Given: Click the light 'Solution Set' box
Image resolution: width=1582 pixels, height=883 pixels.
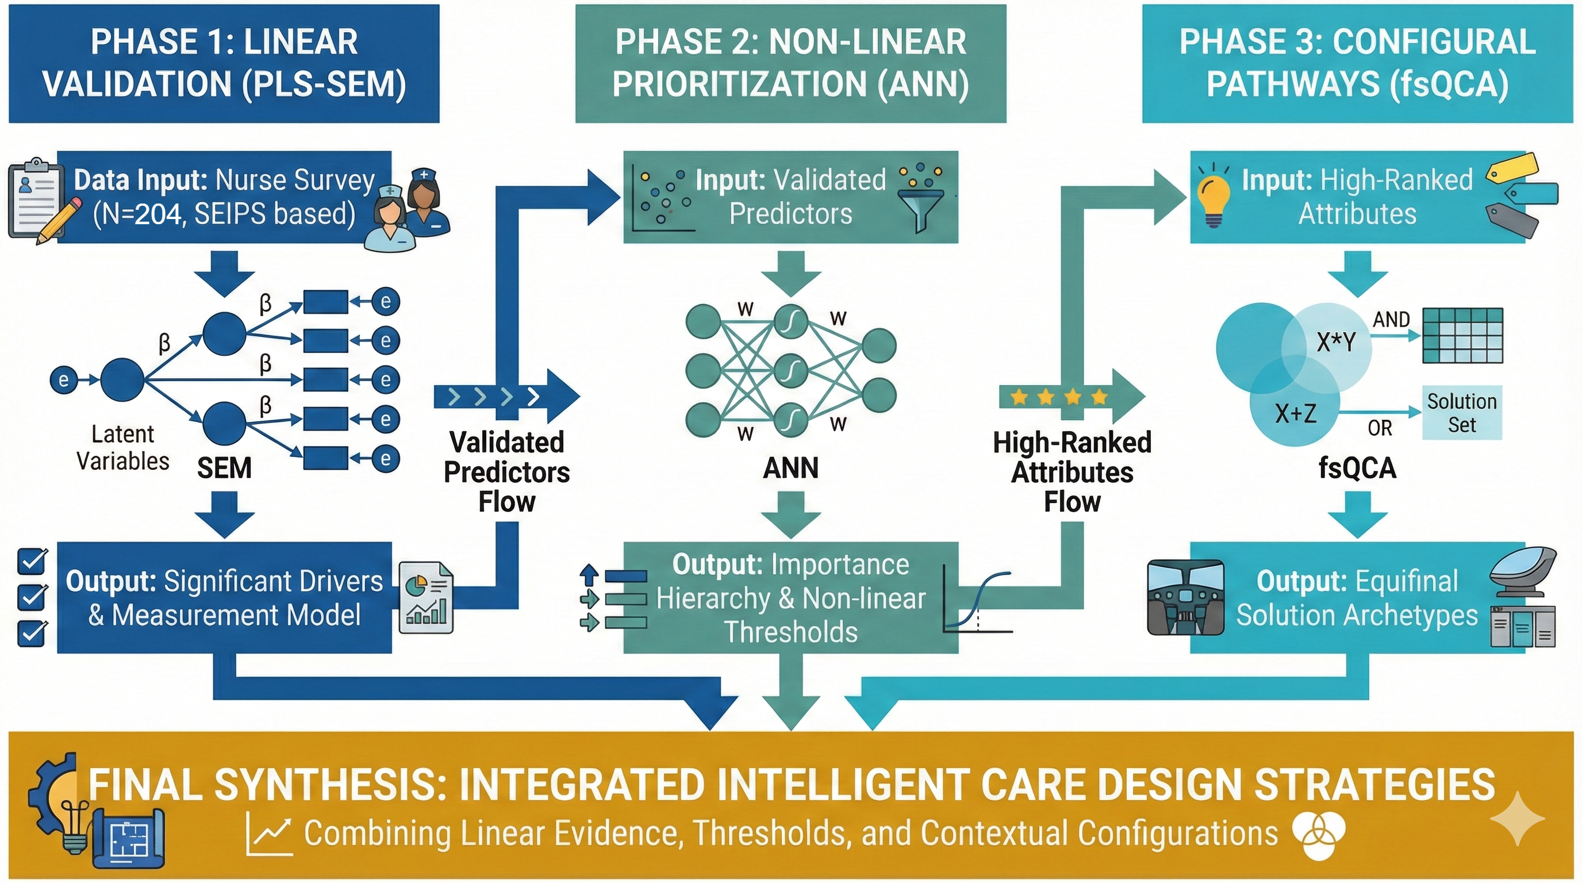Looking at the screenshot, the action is [x=1462, y=413].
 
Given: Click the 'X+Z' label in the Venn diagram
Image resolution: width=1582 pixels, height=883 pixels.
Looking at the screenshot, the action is [x=1296, y=413].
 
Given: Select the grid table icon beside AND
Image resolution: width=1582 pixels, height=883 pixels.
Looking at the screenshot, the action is [x=1463, y=336].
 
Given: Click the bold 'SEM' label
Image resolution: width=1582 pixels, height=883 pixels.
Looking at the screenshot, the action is [x=224, y=469].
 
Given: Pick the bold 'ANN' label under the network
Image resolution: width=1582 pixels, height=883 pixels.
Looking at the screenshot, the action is [x=790, y=469].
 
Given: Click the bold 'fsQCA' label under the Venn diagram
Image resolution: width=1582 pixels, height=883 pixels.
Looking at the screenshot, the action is [x=1357, y=469].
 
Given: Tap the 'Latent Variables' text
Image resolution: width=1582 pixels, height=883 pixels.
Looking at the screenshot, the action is [x=123, y=448].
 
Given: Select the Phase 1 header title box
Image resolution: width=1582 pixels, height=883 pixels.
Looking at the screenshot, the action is [x=224, y=64].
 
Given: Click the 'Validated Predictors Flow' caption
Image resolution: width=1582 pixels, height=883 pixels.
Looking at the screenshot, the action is [x=506, y=471].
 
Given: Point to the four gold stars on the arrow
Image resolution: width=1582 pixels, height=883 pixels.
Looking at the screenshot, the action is [x=1059, y=397].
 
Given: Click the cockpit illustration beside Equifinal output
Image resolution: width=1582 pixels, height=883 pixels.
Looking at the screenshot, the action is [x=1186, y=597].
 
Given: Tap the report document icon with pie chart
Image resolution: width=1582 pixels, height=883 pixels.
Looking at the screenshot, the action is [x=426, y=598].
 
